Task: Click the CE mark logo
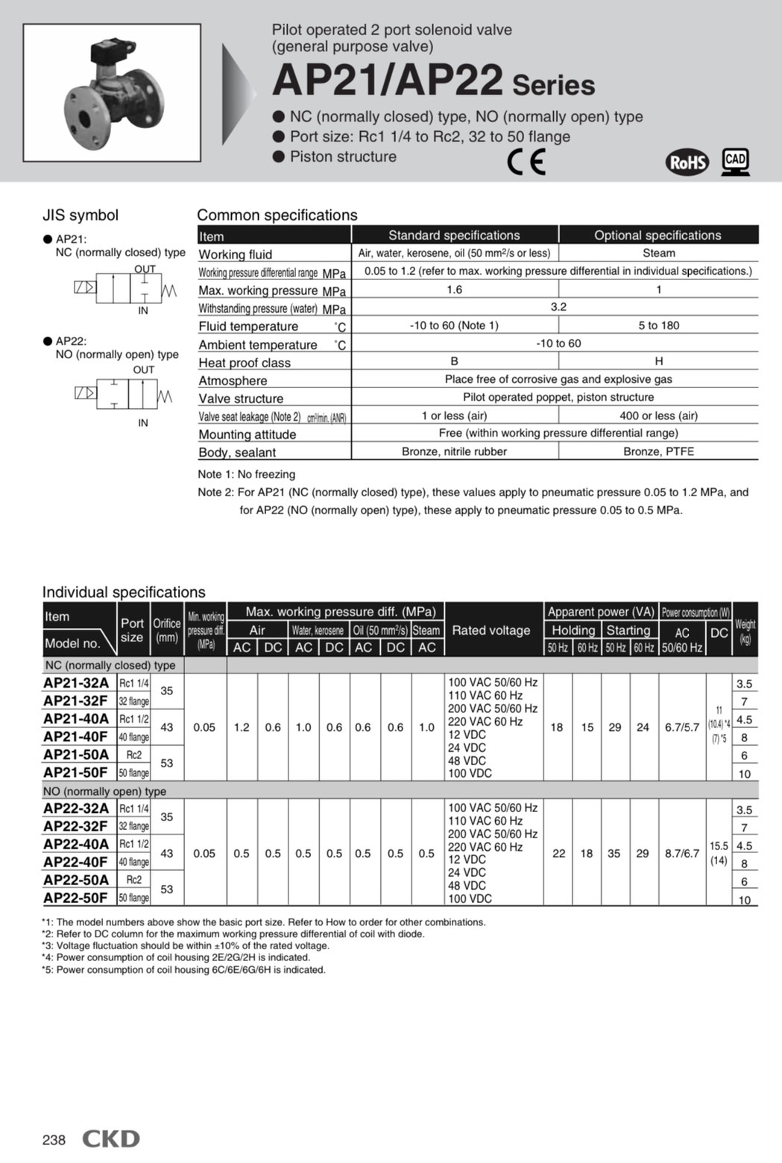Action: click(526, 161)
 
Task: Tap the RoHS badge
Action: click(687, 162)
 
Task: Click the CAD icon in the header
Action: click(735, 161)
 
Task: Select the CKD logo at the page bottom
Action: click(111, 1138)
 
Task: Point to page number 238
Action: click(54, 1140)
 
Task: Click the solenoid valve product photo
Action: click(112, 92)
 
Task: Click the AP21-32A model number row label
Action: click(76, 682)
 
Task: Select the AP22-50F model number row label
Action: click(75, 898)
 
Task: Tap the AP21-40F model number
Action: click(75, 736)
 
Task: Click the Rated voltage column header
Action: click(491, 630)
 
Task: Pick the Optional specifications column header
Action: click(658, 235)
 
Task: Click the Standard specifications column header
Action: click(454, 235)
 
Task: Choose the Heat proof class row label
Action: click(245, 363)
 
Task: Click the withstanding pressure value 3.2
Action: click(558, 307)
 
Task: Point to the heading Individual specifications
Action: click(124, 592)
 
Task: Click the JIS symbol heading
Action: click(81, 215)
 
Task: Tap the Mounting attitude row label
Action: click(247, 434)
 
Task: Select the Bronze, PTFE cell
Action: click(658, 451)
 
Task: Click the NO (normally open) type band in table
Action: click(105, 790)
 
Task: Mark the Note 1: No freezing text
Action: click(247, 475)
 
